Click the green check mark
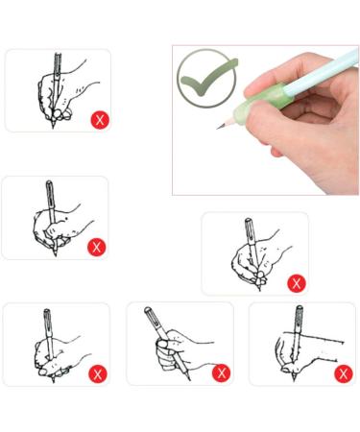pyautogui.click(x=207, y=78)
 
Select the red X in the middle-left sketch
pyautogui.click(x=96, y=247)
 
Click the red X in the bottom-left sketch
pyautogui.click(x=97, y=372)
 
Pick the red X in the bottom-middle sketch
pyautogui.click(x=221, y=372)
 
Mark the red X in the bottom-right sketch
pyautogui.click(x=343, y=372)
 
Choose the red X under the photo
pyautogui.click(x=297, y=282)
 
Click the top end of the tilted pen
pyautogui.click(x=148, y=309)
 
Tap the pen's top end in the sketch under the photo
pyautogui.click(x=248, y=221)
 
